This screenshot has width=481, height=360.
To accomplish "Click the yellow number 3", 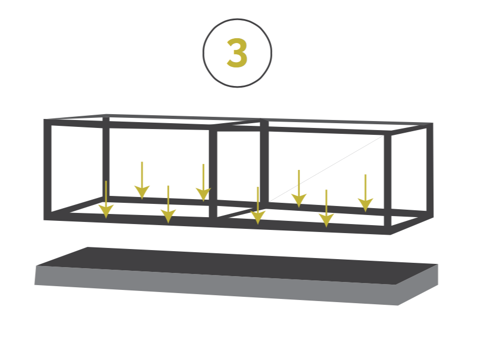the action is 237,53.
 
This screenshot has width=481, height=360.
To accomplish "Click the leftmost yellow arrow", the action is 106,200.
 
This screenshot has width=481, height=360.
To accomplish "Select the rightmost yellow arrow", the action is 365,193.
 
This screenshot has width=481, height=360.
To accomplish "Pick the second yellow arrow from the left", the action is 142,180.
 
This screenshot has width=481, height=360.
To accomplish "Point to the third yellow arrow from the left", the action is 168,204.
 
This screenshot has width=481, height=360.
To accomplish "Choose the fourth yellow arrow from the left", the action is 203,183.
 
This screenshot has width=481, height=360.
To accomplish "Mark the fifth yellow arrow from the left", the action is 257,205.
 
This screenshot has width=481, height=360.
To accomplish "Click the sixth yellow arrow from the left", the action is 299,188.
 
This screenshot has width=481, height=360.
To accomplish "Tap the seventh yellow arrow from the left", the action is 326,208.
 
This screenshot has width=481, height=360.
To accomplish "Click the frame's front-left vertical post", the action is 48,169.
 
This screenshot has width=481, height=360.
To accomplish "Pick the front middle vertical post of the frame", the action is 213,174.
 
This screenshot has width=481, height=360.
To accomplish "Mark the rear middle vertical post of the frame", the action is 264,161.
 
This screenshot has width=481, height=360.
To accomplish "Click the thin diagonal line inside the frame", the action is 327,168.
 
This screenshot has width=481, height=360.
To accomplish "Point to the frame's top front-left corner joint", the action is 48,122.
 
